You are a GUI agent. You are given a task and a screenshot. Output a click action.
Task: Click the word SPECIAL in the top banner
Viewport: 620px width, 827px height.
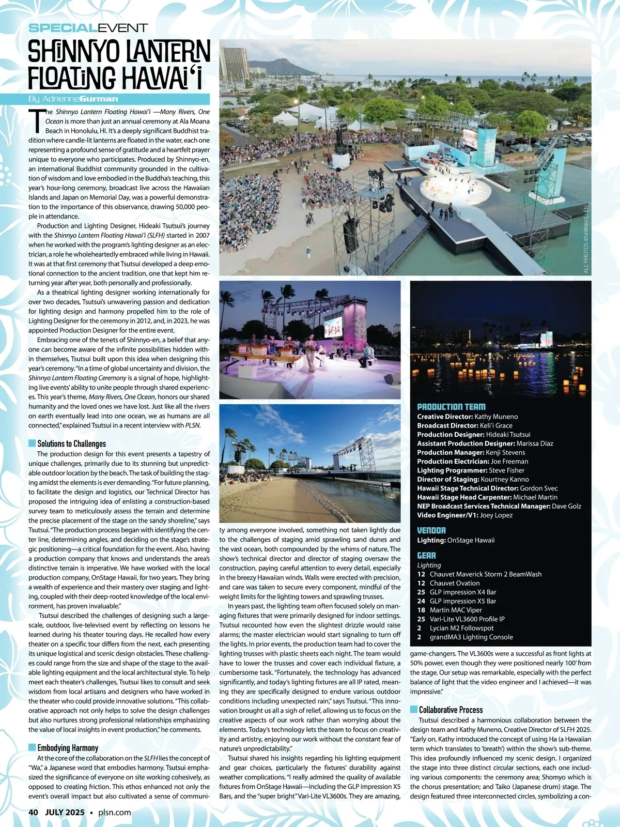[x=62, y=28]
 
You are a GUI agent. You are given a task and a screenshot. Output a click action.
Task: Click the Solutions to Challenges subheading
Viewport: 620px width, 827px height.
[x=71, y=443]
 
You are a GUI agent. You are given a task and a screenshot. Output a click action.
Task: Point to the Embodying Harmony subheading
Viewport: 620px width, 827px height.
[x=67, y=747]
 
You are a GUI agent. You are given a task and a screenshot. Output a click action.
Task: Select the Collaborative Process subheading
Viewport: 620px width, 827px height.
[x=451, y=710]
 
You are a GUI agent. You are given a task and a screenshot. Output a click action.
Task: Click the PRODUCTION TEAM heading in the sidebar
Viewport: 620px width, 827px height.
[x=451, y=407]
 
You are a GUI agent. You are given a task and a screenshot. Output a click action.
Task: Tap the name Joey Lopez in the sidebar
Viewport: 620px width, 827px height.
[x=496, y=515]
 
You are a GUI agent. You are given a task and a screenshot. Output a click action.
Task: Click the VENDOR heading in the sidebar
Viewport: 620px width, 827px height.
[x=431, y=530]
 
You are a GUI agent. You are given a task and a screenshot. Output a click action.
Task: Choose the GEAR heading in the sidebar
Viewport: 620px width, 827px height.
[x=426, y=556]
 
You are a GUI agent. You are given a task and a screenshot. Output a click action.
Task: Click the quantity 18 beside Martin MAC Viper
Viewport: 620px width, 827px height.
[x=421, y=610]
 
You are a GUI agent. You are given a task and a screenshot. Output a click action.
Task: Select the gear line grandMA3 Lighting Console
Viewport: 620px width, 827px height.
[x=471, y=637]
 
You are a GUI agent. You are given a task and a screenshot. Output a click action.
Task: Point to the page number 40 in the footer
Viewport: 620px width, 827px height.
[x=34, y=812]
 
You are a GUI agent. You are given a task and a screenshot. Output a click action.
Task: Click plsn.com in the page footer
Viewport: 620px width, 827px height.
[x=114, y=812]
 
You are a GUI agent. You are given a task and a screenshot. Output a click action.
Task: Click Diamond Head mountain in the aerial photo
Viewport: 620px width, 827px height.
[x=271, y=66]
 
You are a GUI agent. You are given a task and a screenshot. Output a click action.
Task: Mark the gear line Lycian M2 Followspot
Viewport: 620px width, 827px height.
[x=461, y=628]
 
